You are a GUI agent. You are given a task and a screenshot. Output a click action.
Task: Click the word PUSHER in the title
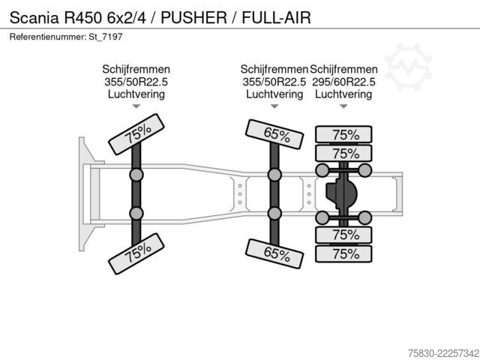click(x=193, y=17)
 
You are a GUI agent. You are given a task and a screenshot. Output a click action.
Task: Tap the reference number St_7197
click(x=106, y=37)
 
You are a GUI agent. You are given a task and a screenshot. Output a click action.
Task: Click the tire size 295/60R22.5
click(x=343, y=82)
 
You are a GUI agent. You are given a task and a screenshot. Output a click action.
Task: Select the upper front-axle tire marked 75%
click(x=136, y=134)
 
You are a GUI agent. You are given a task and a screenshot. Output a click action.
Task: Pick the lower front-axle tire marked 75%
click(x=136, y=253)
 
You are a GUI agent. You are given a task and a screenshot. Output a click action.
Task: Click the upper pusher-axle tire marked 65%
click(x=274, y=134)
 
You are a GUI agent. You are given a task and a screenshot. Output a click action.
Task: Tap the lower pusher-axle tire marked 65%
click(x=274, y=253)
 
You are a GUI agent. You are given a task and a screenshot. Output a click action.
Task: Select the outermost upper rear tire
click(x=343, y=134)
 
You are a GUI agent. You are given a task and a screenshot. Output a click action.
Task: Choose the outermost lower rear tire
click(x=343, y=253)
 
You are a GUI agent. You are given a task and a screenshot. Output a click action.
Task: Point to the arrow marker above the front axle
click(x=136, y=106)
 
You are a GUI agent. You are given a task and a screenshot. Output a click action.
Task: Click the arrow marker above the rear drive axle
click(x=343, y=106)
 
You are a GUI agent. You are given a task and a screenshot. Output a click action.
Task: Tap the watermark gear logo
click(x=408, y=67)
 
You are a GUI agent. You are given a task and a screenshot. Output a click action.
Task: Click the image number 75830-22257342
click(x=443, y=353)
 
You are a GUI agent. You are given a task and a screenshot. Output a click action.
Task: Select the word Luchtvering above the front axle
click(x=136, y=94)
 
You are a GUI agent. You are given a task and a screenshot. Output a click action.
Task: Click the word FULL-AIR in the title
click(x=277, y=17)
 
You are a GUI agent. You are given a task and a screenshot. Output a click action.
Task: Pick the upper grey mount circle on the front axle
click(x=136, y=175)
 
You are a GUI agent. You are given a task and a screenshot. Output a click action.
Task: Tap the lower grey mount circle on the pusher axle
click(x=274, y=214)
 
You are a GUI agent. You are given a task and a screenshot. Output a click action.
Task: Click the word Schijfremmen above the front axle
click(x=136, y=70)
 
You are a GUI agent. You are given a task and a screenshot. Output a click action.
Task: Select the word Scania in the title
click(x=34, y=17)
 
